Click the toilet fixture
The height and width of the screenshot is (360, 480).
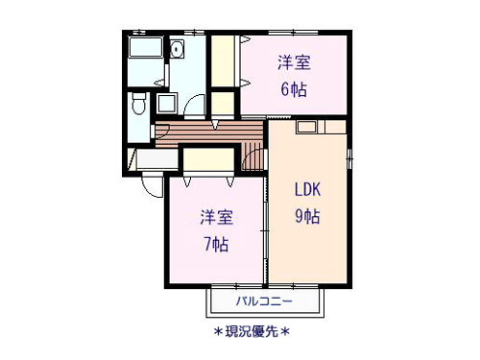[x=139, y=103]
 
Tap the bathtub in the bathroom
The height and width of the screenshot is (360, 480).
[x=146, y=47]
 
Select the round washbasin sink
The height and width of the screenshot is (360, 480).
[x=177, y=49]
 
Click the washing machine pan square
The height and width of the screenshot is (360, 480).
[x=167, y=103]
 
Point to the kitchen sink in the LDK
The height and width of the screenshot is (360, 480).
[x=307, y=127]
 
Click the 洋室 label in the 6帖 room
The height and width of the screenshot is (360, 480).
[x=294, y=62]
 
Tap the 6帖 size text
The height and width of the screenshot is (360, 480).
[x=294, y=89]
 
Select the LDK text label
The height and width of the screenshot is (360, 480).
[x=307, y=189]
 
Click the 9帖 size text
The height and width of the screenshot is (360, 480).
[x=307, y=216]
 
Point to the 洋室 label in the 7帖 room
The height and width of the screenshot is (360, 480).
[x=217, y=217]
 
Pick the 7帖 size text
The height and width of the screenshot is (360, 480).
[x=216, y=245]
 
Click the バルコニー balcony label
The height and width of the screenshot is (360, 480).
[x=264, y=301]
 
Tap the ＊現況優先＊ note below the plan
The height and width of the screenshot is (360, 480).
[x=252, y=332]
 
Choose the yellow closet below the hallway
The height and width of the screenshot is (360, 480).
[x=208, y=159]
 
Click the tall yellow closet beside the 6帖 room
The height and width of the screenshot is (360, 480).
[x=223, y=60]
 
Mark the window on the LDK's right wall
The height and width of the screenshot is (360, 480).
[x=349, y=158]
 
